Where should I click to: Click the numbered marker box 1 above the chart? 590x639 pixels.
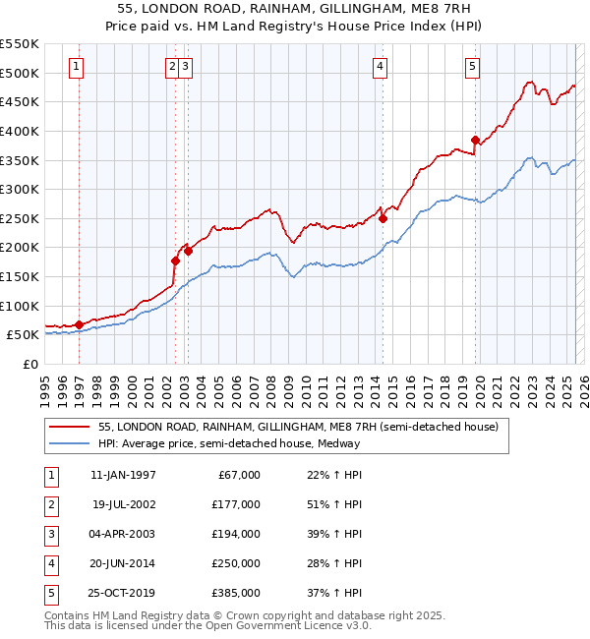point(77,67)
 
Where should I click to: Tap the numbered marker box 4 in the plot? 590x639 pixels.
point(380,67)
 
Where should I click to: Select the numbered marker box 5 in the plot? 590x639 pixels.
point(473,67)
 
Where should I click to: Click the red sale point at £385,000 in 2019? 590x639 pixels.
point(475,140)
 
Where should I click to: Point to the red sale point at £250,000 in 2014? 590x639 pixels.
point(383,218)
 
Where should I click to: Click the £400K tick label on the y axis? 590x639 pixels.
point(20,131)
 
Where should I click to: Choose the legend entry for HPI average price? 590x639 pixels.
point(229,443)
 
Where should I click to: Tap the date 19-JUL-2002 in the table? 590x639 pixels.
point(123,504)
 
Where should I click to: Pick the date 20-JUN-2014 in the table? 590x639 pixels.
point(123,563)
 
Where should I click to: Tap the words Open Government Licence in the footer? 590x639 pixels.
point(286,626)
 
